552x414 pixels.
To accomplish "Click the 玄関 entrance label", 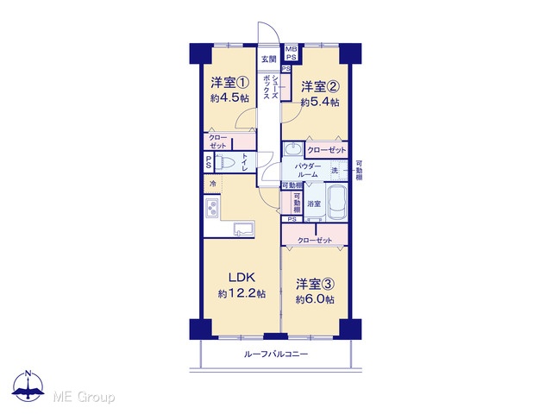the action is coord(268,59).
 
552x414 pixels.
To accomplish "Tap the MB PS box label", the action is coord(291,53).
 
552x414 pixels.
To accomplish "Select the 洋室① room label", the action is coord(230,83).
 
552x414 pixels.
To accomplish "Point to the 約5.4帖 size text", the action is coord(320,102).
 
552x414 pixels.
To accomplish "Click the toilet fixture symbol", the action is coord(225,162).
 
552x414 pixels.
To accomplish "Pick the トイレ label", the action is coord(245,163).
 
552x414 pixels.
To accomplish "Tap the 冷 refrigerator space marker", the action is coord(213,184).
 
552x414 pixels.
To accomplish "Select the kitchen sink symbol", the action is coord(244,229).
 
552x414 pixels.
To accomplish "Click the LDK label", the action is coord(241,278).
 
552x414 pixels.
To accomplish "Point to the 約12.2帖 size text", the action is coord(241,293).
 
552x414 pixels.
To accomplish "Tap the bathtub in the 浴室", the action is coord(337,203).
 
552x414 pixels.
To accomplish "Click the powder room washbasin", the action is coord(292,148).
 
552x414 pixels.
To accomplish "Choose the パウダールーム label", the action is coord(308,170).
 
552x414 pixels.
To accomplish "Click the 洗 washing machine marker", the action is coord(334,171).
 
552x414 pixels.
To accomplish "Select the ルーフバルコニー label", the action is coord(276,354).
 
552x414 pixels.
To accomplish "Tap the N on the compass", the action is coord(28,373).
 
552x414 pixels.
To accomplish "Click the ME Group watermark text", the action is coord(84,397).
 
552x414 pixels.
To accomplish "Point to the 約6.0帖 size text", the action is coord(315,299).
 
